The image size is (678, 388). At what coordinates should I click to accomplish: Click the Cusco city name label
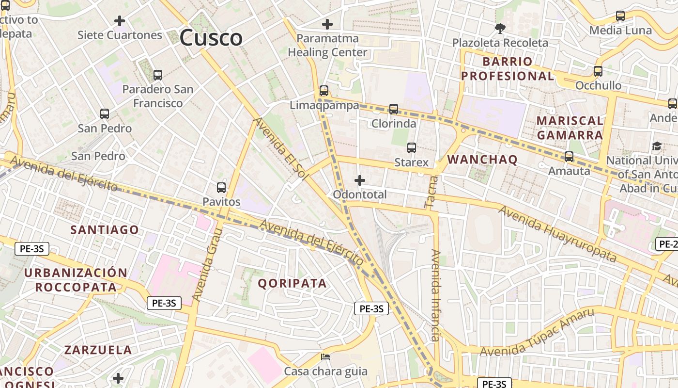[x=211, y=38]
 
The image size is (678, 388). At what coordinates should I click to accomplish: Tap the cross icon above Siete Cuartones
[x=119, y=21]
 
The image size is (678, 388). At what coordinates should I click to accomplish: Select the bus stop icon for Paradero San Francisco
[x=157, y=75]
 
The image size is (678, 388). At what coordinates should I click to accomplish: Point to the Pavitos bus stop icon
[x=221, y=187]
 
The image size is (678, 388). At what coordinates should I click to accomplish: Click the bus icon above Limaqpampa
[x=324, y=91]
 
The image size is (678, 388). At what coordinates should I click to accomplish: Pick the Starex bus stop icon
[x=412, y=148]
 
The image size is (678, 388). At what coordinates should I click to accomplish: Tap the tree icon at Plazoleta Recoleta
[x=500, y=29]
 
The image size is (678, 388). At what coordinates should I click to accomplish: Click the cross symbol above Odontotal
[x=359, y=181]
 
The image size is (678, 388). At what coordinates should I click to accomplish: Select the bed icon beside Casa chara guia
[x=325, y=357]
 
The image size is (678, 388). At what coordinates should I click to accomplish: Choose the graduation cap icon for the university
[x=657, y=146]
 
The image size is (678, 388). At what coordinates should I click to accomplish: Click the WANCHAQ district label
[x=482, y=160]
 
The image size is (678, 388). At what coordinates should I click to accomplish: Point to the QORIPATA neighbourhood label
[x=292, y=283]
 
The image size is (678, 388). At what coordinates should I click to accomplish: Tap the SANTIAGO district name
[x=105, y=229]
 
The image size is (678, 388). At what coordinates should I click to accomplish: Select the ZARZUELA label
[x=98, y=350]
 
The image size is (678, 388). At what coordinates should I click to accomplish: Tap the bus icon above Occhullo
[x=598, y=71]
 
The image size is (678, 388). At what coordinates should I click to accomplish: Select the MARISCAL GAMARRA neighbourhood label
[x=570, y=128]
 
